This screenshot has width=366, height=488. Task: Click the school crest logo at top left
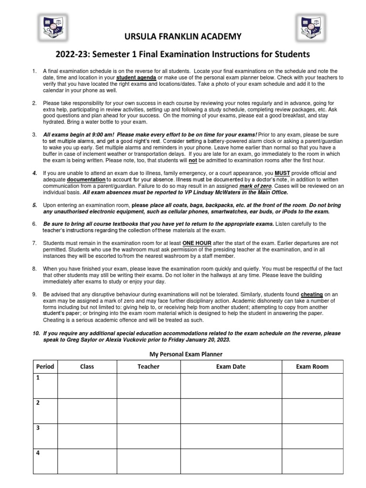click(x=52, y=27)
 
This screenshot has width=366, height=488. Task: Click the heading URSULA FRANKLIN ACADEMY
click(x=183, y=36)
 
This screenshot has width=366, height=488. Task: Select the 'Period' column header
click(x=44, y=366)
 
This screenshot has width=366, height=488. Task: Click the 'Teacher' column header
click(x=148, y=366)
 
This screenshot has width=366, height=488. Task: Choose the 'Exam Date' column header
click(x=230, y=366)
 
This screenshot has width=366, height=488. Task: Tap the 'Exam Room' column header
click(x=312, y=366)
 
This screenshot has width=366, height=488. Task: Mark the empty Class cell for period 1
click(x=87, y=386)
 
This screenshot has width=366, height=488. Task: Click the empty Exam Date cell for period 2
click(x=230, y=411)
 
